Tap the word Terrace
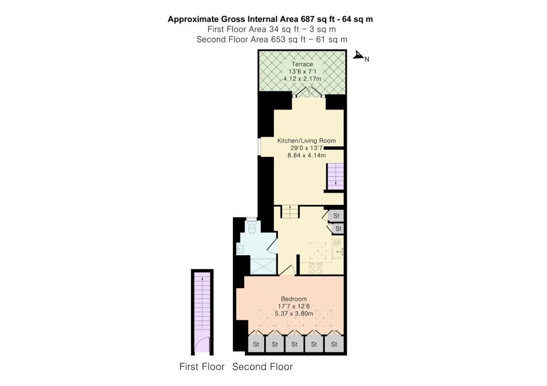302,64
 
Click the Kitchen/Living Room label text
302,140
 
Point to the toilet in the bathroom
252,227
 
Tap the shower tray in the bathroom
264,266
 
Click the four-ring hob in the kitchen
315,268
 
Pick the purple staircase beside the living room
335,176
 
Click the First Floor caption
202,367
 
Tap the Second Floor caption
262,367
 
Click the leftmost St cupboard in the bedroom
256,344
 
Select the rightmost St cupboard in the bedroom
334,344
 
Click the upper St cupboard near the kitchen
337,216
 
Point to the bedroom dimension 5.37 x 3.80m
296,313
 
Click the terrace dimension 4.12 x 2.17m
302,79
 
